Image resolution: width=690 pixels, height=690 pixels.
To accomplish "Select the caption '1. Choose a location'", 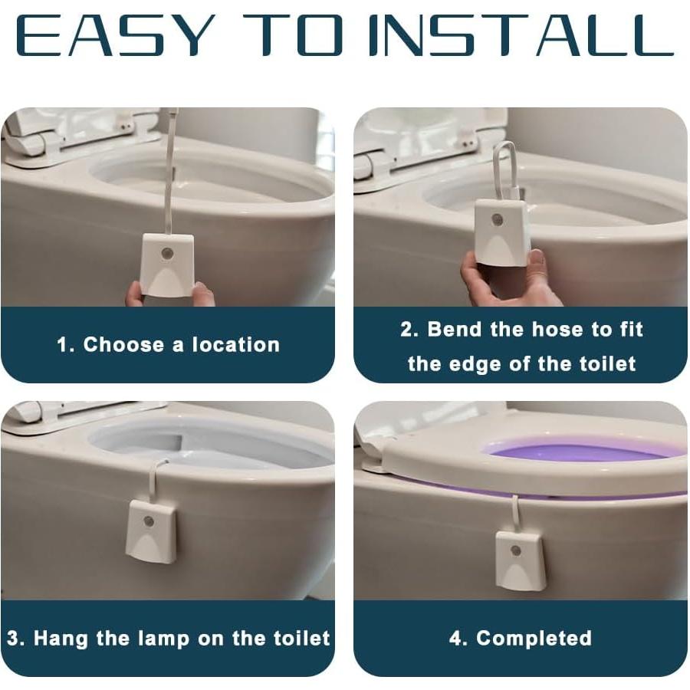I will tap(168, 345).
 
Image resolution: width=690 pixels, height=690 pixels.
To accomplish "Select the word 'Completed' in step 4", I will tap(534, 638).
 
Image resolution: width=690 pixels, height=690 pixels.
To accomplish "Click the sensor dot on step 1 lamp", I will tap(168, 253).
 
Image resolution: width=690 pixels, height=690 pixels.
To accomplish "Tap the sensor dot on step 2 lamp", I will tap(498, 220).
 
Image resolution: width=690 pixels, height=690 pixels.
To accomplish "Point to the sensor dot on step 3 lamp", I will tap(149, 521).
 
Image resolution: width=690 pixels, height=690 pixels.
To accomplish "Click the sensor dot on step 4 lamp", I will tap(516, 550).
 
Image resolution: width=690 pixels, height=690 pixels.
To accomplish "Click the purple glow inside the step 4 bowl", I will tap(575, 452).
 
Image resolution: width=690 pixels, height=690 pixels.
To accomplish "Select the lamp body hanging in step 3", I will tap(152, 531).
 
